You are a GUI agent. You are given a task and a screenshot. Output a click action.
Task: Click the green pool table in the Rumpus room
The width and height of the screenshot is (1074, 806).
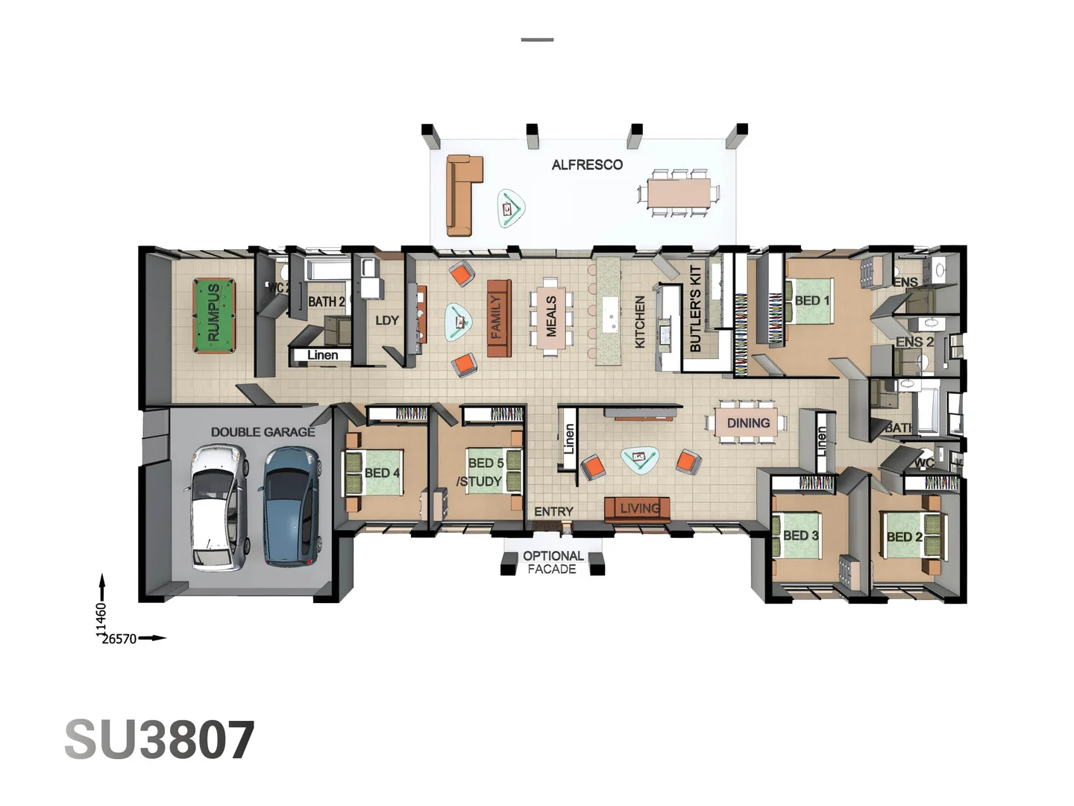click(214, 316)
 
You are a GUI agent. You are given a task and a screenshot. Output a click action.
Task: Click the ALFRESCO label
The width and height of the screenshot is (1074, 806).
click(587, 165)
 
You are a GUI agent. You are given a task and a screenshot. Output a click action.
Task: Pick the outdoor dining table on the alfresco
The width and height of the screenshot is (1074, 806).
click(678, 193)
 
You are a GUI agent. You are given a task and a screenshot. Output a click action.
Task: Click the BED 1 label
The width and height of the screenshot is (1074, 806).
click(811, 301)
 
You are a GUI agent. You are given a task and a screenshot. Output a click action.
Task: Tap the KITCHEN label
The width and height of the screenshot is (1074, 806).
click(639, 322)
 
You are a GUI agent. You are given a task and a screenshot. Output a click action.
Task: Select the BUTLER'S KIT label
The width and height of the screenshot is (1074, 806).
click(695, 308)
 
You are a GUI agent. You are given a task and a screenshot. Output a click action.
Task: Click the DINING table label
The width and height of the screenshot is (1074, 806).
click(748, 423)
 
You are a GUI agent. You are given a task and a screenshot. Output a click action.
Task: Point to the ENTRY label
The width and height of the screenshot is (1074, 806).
click(553, 511)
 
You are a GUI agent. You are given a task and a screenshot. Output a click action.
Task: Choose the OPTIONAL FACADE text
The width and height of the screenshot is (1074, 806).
click(553, 563)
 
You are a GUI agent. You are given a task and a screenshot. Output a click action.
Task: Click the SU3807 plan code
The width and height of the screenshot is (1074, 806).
click(160, 740)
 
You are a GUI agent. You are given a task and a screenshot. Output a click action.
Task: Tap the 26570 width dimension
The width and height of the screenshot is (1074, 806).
click(119, 639)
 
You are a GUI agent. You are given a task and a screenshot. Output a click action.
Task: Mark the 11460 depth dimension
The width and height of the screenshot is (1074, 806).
click(101, 620)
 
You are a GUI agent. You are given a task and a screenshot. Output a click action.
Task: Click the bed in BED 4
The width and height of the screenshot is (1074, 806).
click(374, 472)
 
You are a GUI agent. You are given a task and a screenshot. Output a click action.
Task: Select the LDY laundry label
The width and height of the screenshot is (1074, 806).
click(387, 320)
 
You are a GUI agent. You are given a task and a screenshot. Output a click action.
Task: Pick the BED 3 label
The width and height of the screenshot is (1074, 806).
click(800, 535)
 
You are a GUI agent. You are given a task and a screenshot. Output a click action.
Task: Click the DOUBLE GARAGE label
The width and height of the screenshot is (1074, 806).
click(263, 432)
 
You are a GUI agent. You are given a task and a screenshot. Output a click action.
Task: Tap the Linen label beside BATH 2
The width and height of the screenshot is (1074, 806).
click(322, 355)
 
